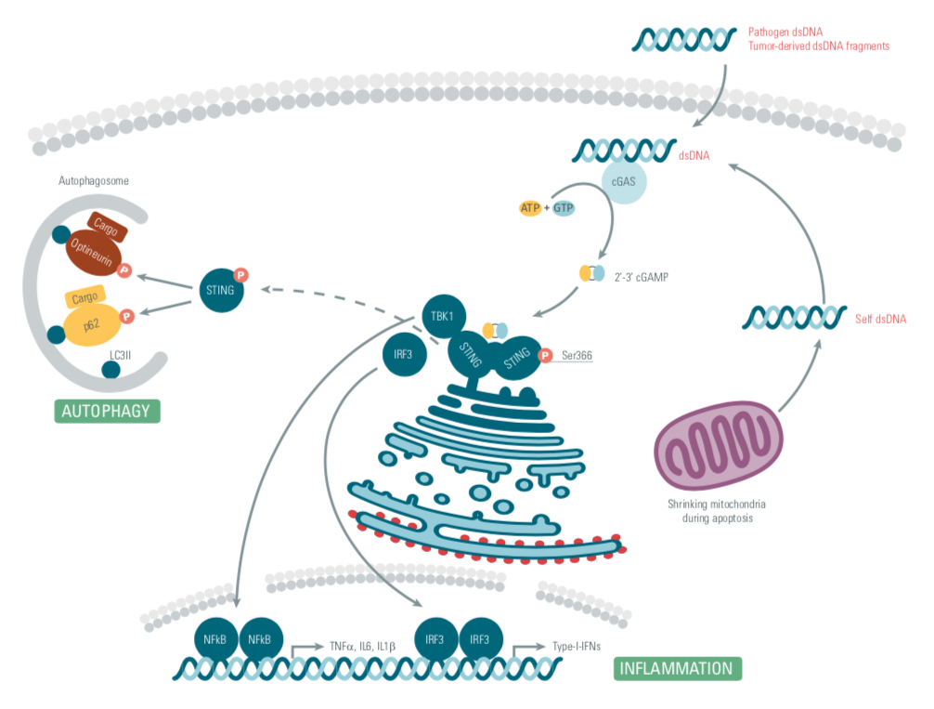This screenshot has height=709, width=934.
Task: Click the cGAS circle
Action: pos(623,184)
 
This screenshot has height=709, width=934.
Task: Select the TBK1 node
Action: pos(442,315)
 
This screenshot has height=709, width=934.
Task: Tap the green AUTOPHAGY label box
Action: pos(107,411)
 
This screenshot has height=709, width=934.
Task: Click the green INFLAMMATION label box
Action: pos(678,668)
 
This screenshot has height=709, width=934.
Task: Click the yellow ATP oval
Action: pos(529,208)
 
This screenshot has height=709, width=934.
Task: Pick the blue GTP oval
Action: pos(564,208)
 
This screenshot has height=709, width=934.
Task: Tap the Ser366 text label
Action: pos(577,355)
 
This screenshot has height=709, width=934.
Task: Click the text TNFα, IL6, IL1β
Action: pos(362,645)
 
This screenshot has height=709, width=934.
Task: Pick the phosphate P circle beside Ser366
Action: pos(546,355)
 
